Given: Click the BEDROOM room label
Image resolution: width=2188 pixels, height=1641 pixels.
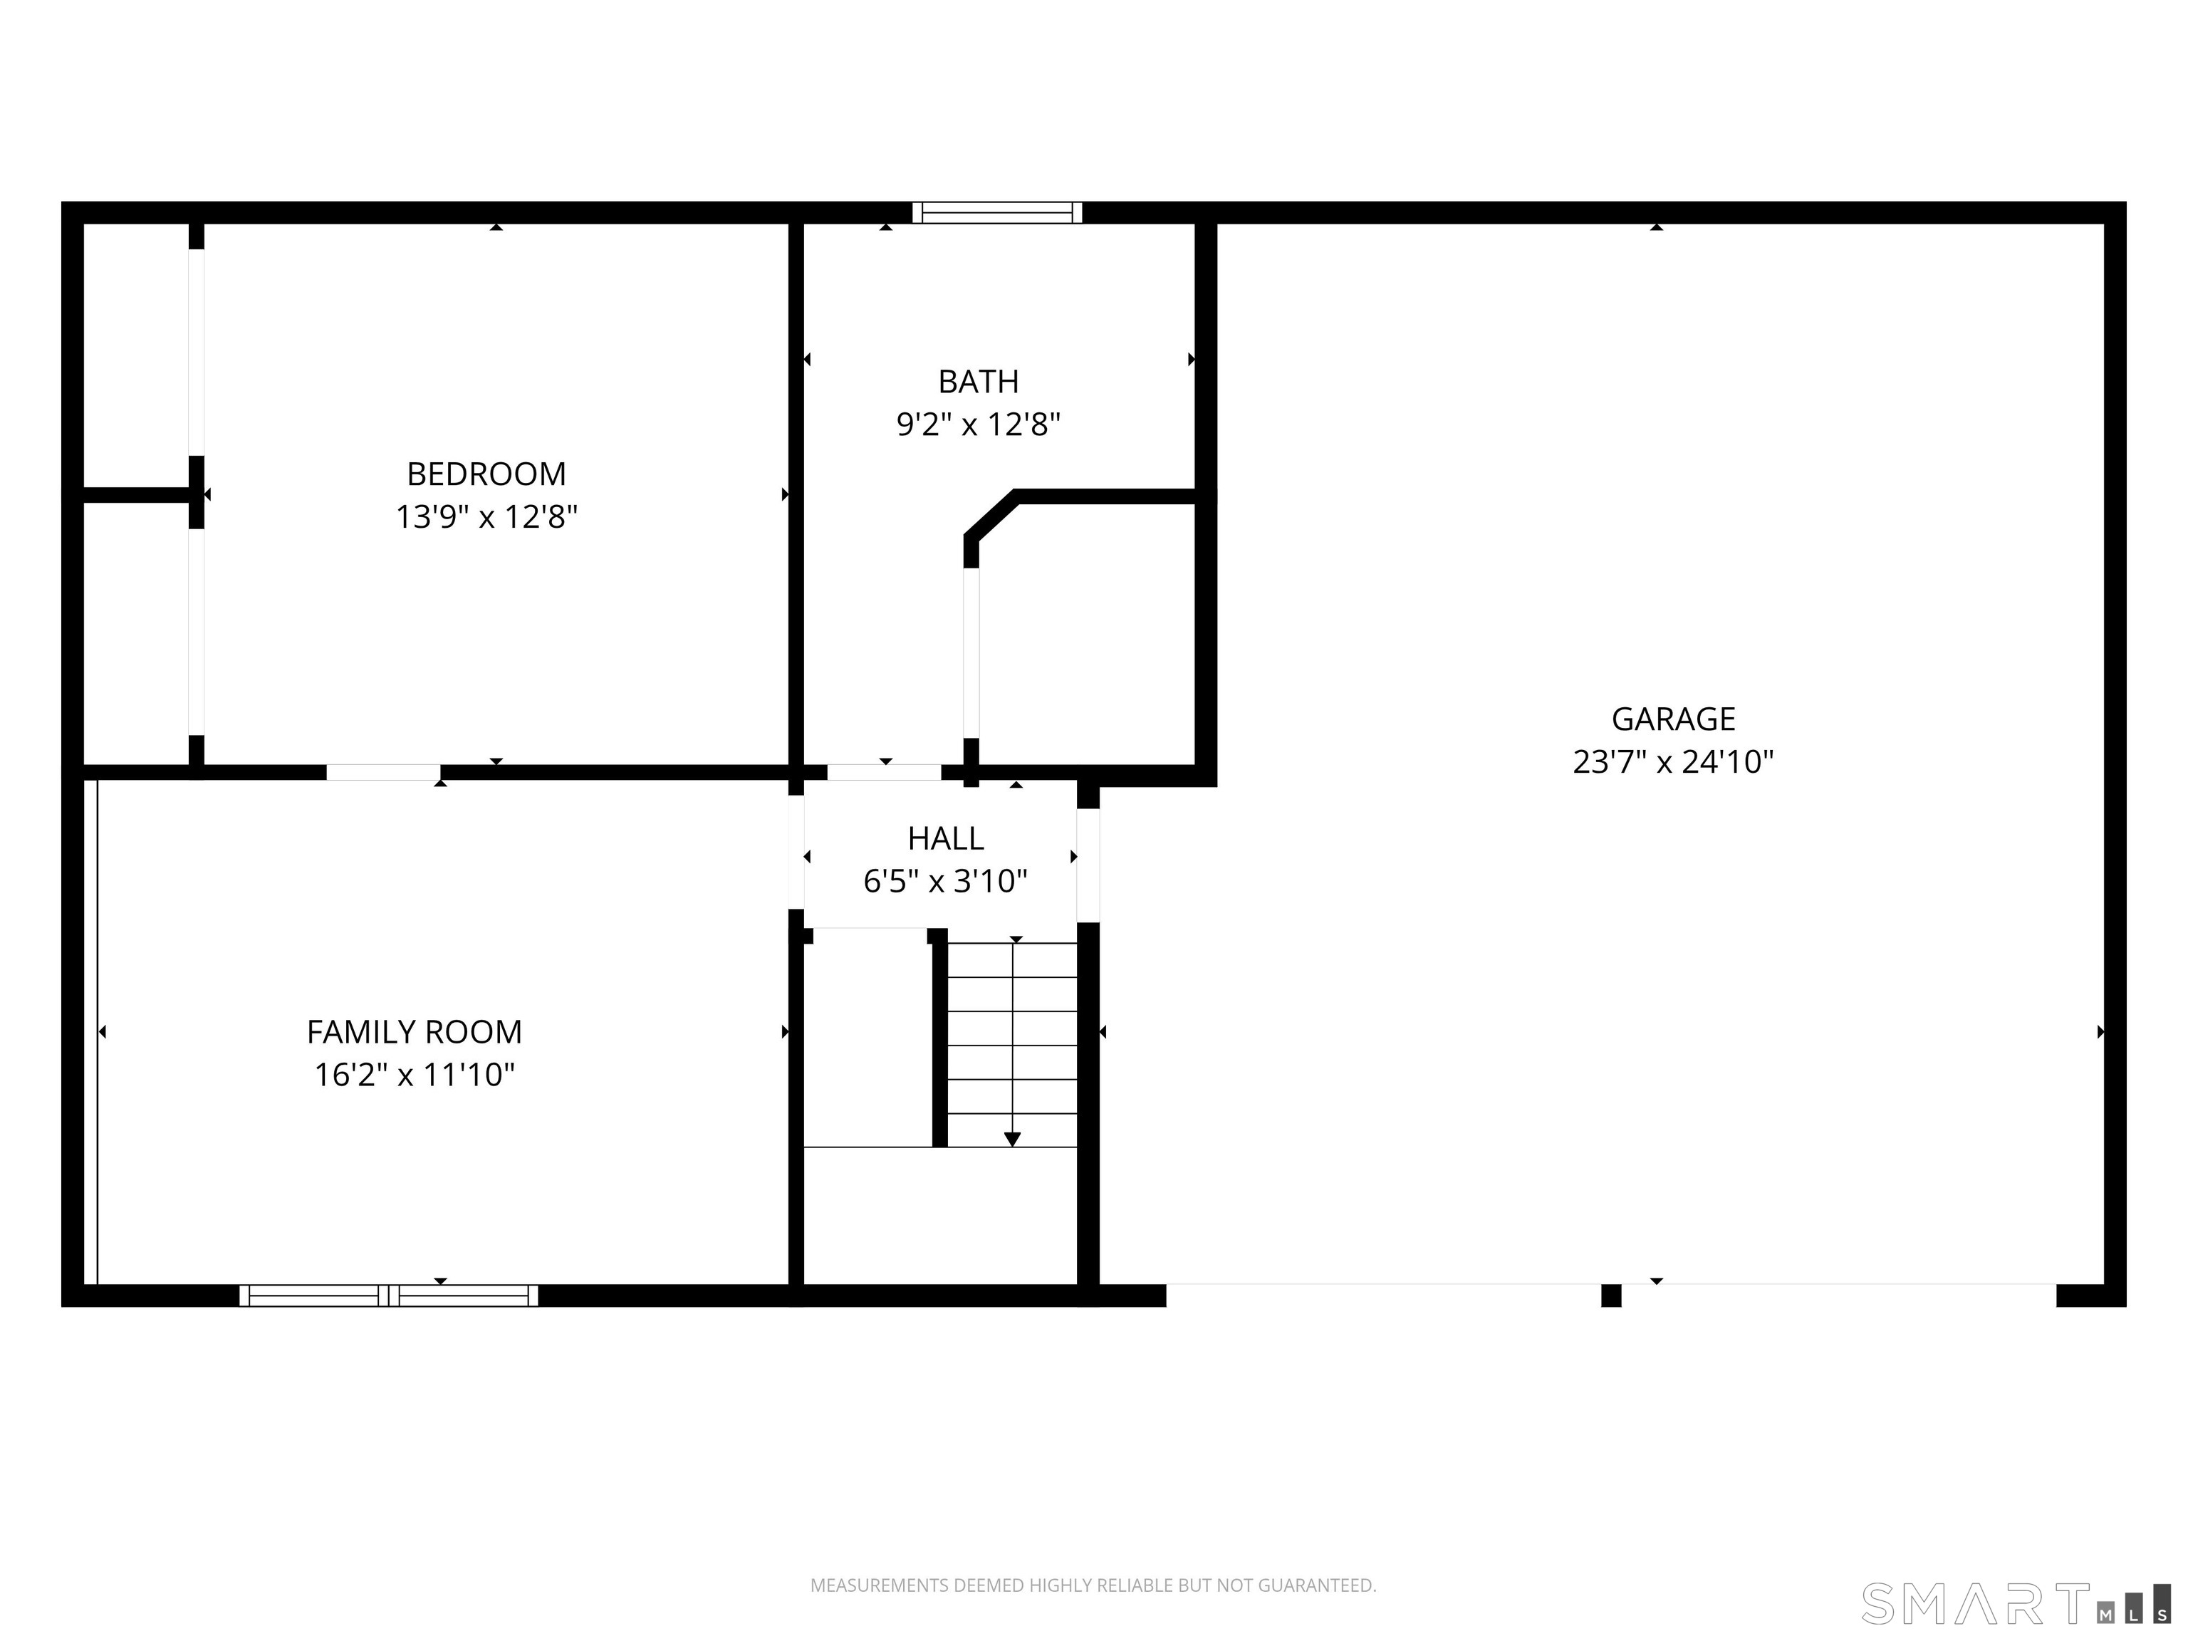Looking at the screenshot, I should click(x=486, y=474).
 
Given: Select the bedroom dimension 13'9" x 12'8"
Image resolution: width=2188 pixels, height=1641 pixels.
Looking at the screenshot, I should click(x=486, y=517).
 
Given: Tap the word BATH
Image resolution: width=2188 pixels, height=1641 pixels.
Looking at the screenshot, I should click(x=979, y=382).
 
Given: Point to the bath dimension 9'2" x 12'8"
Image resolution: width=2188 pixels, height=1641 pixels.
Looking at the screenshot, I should click(x=979, y=425).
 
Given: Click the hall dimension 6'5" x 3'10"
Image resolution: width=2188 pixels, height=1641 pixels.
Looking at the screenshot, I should click(x=946, y=881).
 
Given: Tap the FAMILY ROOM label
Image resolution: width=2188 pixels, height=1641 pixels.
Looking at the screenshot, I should click(x=415, y=1033).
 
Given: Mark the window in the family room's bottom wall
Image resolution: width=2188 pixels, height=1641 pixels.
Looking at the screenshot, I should click(x=389, y=1296).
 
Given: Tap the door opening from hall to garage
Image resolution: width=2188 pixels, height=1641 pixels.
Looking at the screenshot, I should click(x=1088, y=865).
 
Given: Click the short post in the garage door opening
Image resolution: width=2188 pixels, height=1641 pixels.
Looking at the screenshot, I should click(x=1611, y=1296).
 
